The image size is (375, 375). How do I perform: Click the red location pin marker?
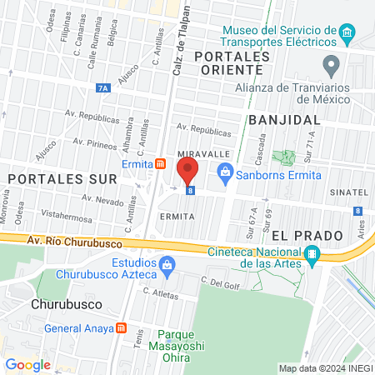(x=187, y=172)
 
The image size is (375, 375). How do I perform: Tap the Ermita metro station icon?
(x=159, y=164)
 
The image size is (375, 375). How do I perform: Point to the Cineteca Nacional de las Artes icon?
(x=312, y=255)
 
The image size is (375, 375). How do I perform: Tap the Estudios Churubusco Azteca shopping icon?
(x=167, y=267)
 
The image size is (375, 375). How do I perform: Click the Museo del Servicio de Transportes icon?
(x=347, y=35)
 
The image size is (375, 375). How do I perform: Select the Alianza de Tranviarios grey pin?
(x=331, y=65)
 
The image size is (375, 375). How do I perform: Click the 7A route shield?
(x=102, y=86)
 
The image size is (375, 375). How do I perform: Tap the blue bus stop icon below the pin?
(x=191, y=191)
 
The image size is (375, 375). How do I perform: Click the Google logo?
(x=27, y=364)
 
